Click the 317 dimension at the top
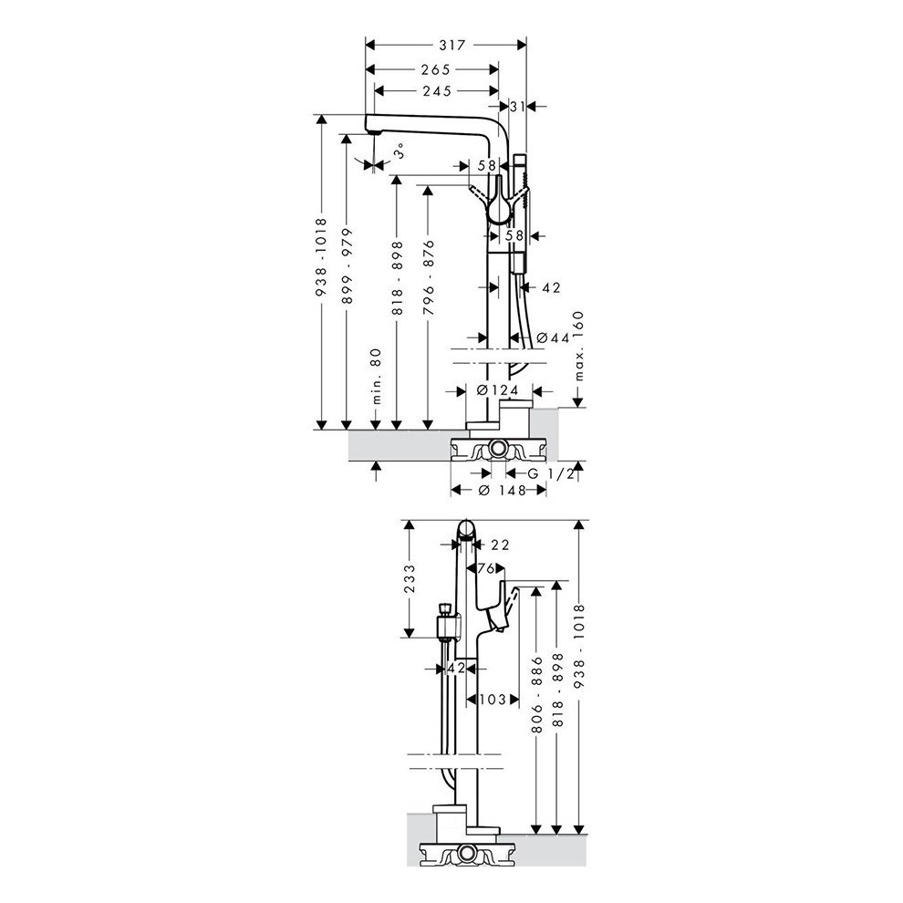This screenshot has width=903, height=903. pyautogui.click(x=451, y=45)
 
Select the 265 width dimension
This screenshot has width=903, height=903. pyautogui.click(x=435, y=69)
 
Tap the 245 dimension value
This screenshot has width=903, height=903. pyautogui.click(x=437, y=91)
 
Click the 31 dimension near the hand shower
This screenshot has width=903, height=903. pyautogui.click(x=518, y=107)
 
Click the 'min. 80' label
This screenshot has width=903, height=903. pyautogui.click(x=377, y=376)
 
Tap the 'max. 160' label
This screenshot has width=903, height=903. pyautogui.click(x=579, y=346)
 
